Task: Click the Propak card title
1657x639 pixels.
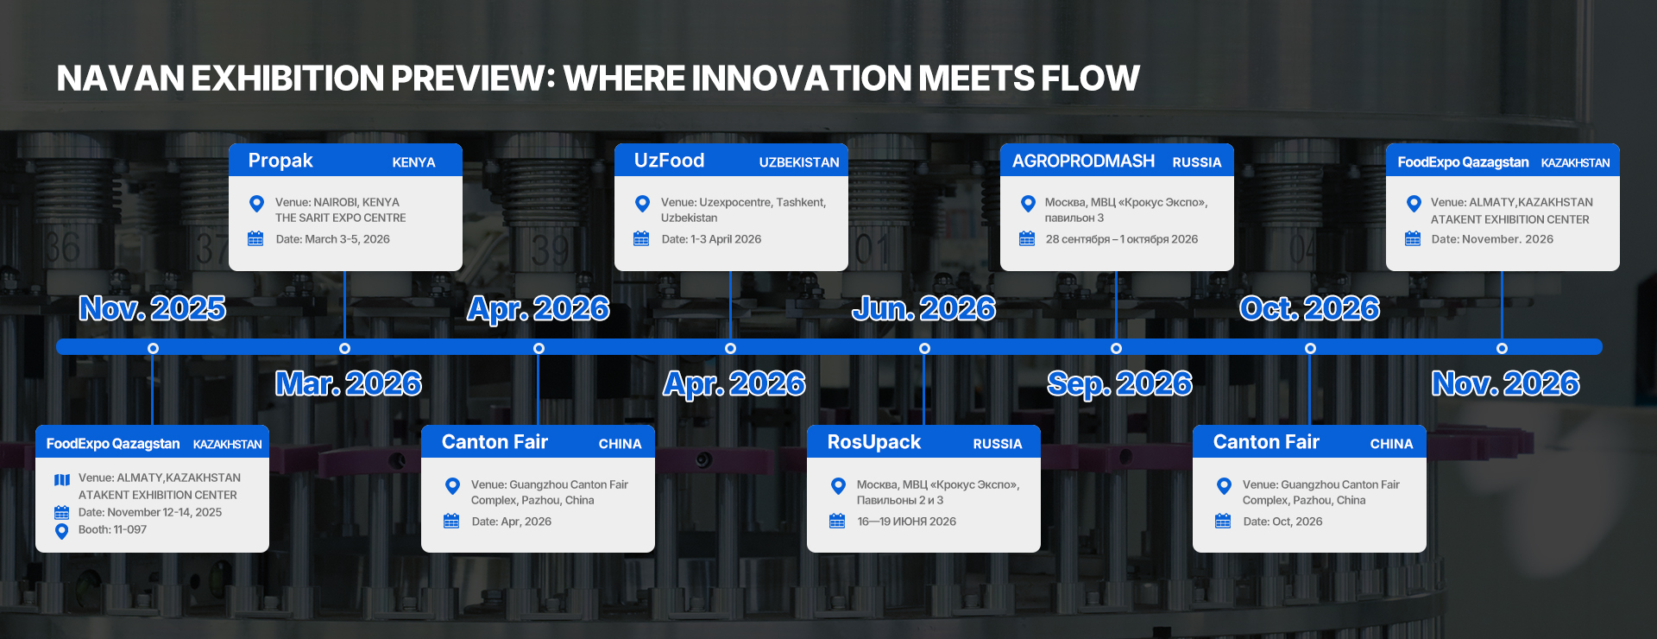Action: (x=280, y=161)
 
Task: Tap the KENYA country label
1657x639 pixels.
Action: (x=413, y=162)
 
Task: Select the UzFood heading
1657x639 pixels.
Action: (x=669, y=161)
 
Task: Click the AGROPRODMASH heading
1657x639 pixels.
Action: (x=1083, y=161)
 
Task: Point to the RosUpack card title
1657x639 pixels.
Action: (x=873, y=442)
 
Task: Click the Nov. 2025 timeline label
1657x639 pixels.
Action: (x=153, y=308)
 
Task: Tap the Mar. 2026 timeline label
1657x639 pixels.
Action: (x=349, y=383)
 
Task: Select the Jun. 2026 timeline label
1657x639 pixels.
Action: (x=923, y=308)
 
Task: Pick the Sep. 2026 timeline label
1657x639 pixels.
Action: (x=1119, y=383)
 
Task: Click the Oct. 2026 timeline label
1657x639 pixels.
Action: (x=1309, y=308)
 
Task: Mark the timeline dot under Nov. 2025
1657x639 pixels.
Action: (x=153, y=348)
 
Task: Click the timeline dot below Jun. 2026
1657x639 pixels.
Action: (x=924, y=348)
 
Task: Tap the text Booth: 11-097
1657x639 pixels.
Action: (x=112, y=529)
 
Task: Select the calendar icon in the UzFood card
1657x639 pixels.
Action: (x=641, y=238)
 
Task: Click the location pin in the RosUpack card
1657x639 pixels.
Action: (x=838, y=486)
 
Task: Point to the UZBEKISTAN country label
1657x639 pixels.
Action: (x=799, y=162)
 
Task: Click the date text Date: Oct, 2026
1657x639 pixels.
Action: (x=1282, y=522)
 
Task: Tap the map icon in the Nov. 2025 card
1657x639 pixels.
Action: (x=62, y=479)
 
